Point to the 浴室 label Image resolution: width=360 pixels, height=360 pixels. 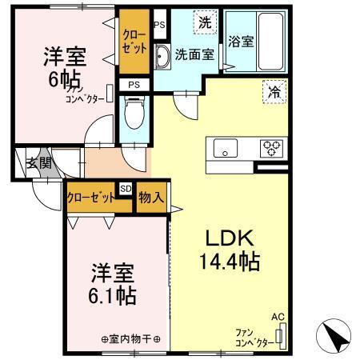click(x=242, y=42)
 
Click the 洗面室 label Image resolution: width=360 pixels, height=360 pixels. click(x=193, y=55)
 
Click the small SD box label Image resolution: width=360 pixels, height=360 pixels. click(x=126, y=189)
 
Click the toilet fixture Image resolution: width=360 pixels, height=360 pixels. click(x=134, y=112)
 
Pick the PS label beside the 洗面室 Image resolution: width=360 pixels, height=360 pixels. click(x=159, y=25)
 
